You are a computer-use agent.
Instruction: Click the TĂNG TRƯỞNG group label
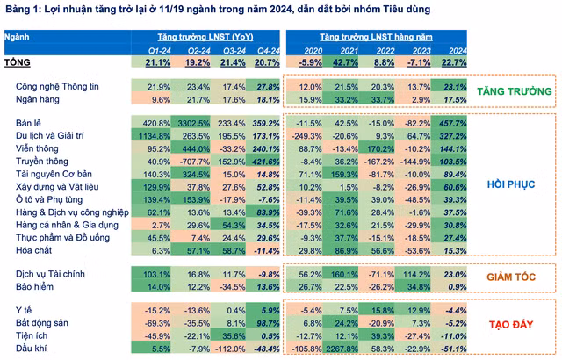[515, 91]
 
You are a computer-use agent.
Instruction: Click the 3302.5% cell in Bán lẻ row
[194, 124]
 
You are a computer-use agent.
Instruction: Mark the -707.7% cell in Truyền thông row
[194, 162]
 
